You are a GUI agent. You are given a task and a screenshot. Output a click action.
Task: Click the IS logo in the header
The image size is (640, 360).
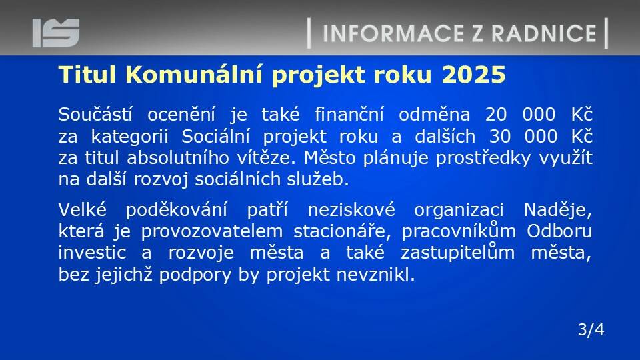coord(56,33)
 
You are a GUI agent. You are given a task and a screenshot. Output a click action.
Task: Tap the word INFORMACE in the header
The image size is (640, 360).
coord(393,33)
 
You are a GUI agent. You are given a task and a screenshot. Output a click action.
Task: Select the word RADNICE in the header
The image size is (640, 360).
coord(544,33)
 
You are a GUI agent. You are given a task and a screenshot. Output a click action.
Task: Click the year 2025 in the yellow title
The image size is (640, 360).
coord(473,75)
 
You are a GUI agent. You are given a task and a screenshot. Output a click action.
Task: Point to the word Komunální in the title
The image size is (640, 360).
coord(193,75)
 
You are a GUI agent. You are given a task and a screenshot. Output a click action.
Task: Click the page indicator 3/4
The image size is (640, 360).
coord(591,329)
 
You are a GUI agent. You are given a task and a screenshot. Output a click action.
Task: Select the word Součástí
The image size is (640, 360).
coord(95,114)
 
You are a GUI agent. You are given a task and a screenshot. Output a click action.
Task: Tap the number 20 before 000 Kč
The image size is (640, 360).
coord(496,115)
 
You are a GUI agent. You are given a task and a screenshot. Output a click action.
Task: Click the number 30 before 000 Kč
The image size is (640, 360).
coord(499,136)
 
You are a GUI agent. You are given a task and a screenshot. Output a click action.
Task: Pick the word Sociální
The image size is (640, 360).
coord(215,136)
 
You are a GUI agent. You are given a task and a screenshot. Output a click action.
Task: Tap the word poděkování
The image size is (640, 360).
coord(176,210)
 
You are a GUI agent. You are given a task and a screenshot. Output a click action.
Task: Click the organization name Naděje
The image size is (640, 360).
coord(557,211)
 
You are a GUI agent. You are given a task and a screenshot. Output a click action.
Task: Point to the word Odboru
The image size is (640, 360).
coord(559,231)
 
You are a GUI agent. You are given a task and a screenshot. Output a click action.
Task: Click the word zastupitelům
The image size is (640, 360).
coord(457,253)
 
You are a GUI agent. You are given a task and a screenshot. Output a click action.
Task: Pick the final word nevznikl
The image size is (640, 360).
coord(375,274)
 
